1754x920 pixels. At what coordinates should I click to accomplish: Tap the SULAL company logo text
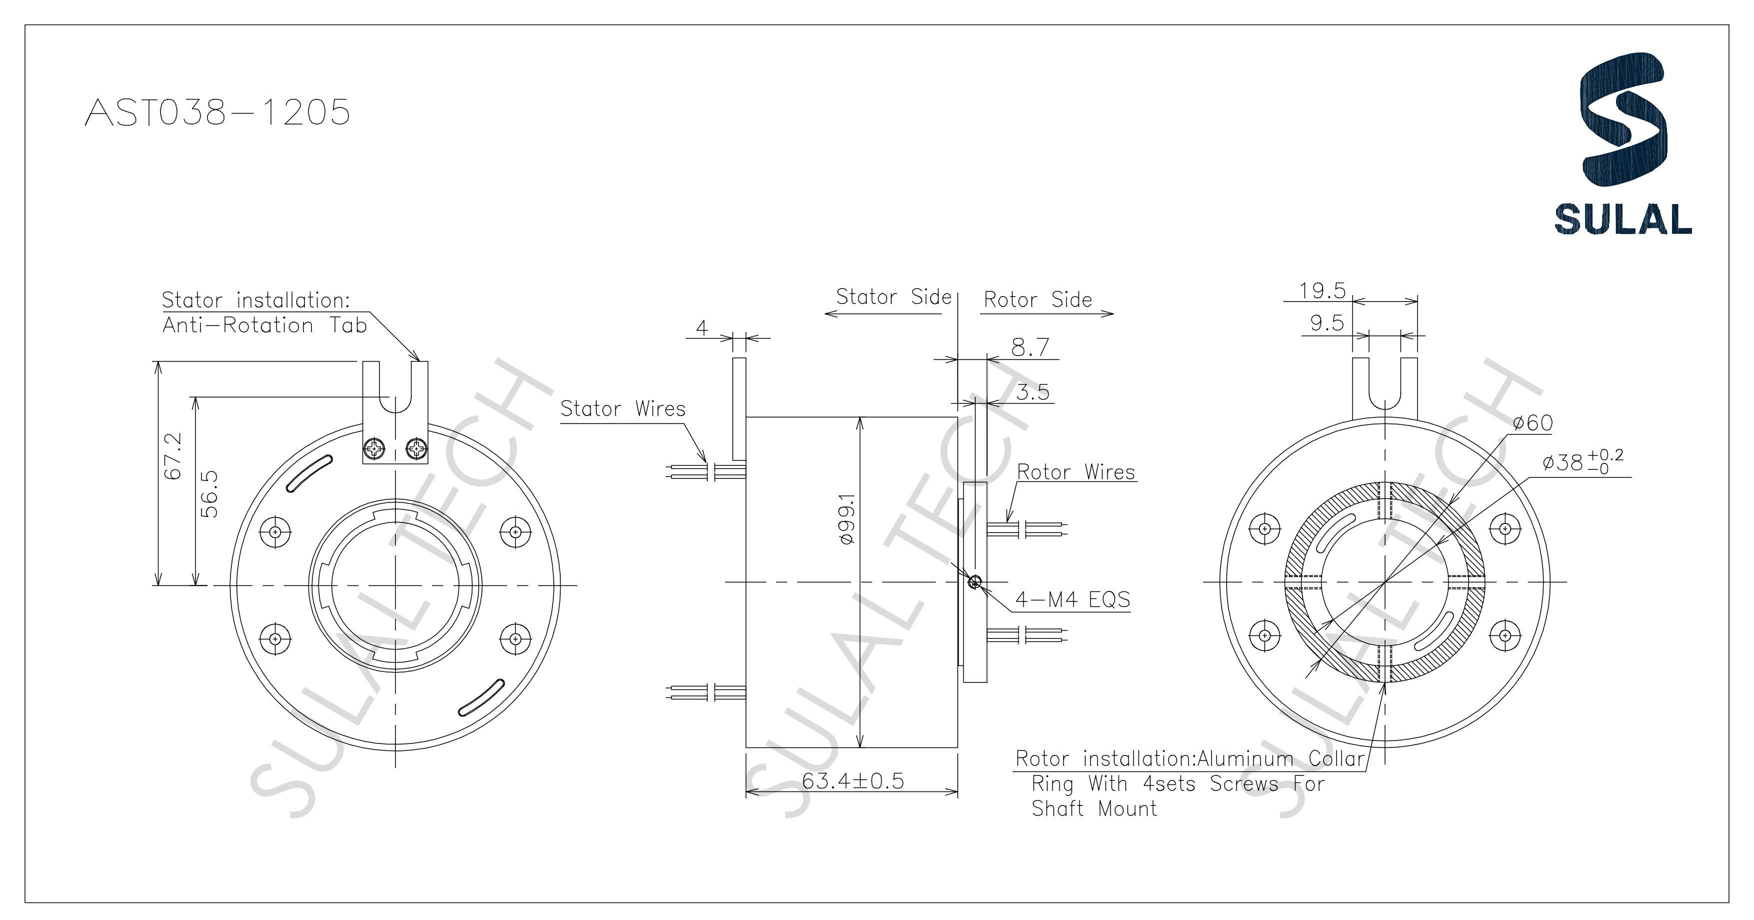[1623, 219]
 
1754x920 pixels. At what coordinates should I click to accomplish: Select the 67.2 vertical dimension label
[173, 455]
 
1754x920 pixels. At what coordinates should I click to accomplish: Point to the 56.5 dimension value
[210, 493]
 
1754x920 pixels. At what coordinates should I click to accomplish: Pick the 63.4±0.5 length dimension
[852, 780]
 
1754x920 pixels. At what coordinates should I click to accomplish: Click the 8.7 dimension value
[1030, 347]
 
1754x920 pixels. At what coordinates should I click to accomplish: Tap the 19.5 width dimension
[1322, 291]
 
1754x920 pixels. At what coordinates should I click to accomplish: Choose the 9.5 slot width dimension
[1327, 323]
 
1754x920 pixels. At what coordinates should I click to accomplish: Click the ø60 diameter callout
[1532, 423]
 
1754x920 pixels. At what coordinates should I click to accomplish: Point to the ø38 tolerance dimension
[1582, 462]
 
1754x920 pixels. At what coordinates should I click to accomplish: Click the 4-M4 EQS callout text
[1072, 599]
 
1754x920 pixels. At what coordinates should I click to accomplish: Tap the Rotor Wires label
[1076, 472]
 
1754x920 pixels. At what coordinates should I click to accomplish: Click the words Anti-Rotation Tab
[264, 325]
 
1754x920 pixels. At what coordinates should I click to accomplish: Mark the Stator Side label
[893, 297]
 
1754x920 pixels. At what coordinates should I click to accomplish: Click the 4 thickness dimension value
[701, 328]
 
